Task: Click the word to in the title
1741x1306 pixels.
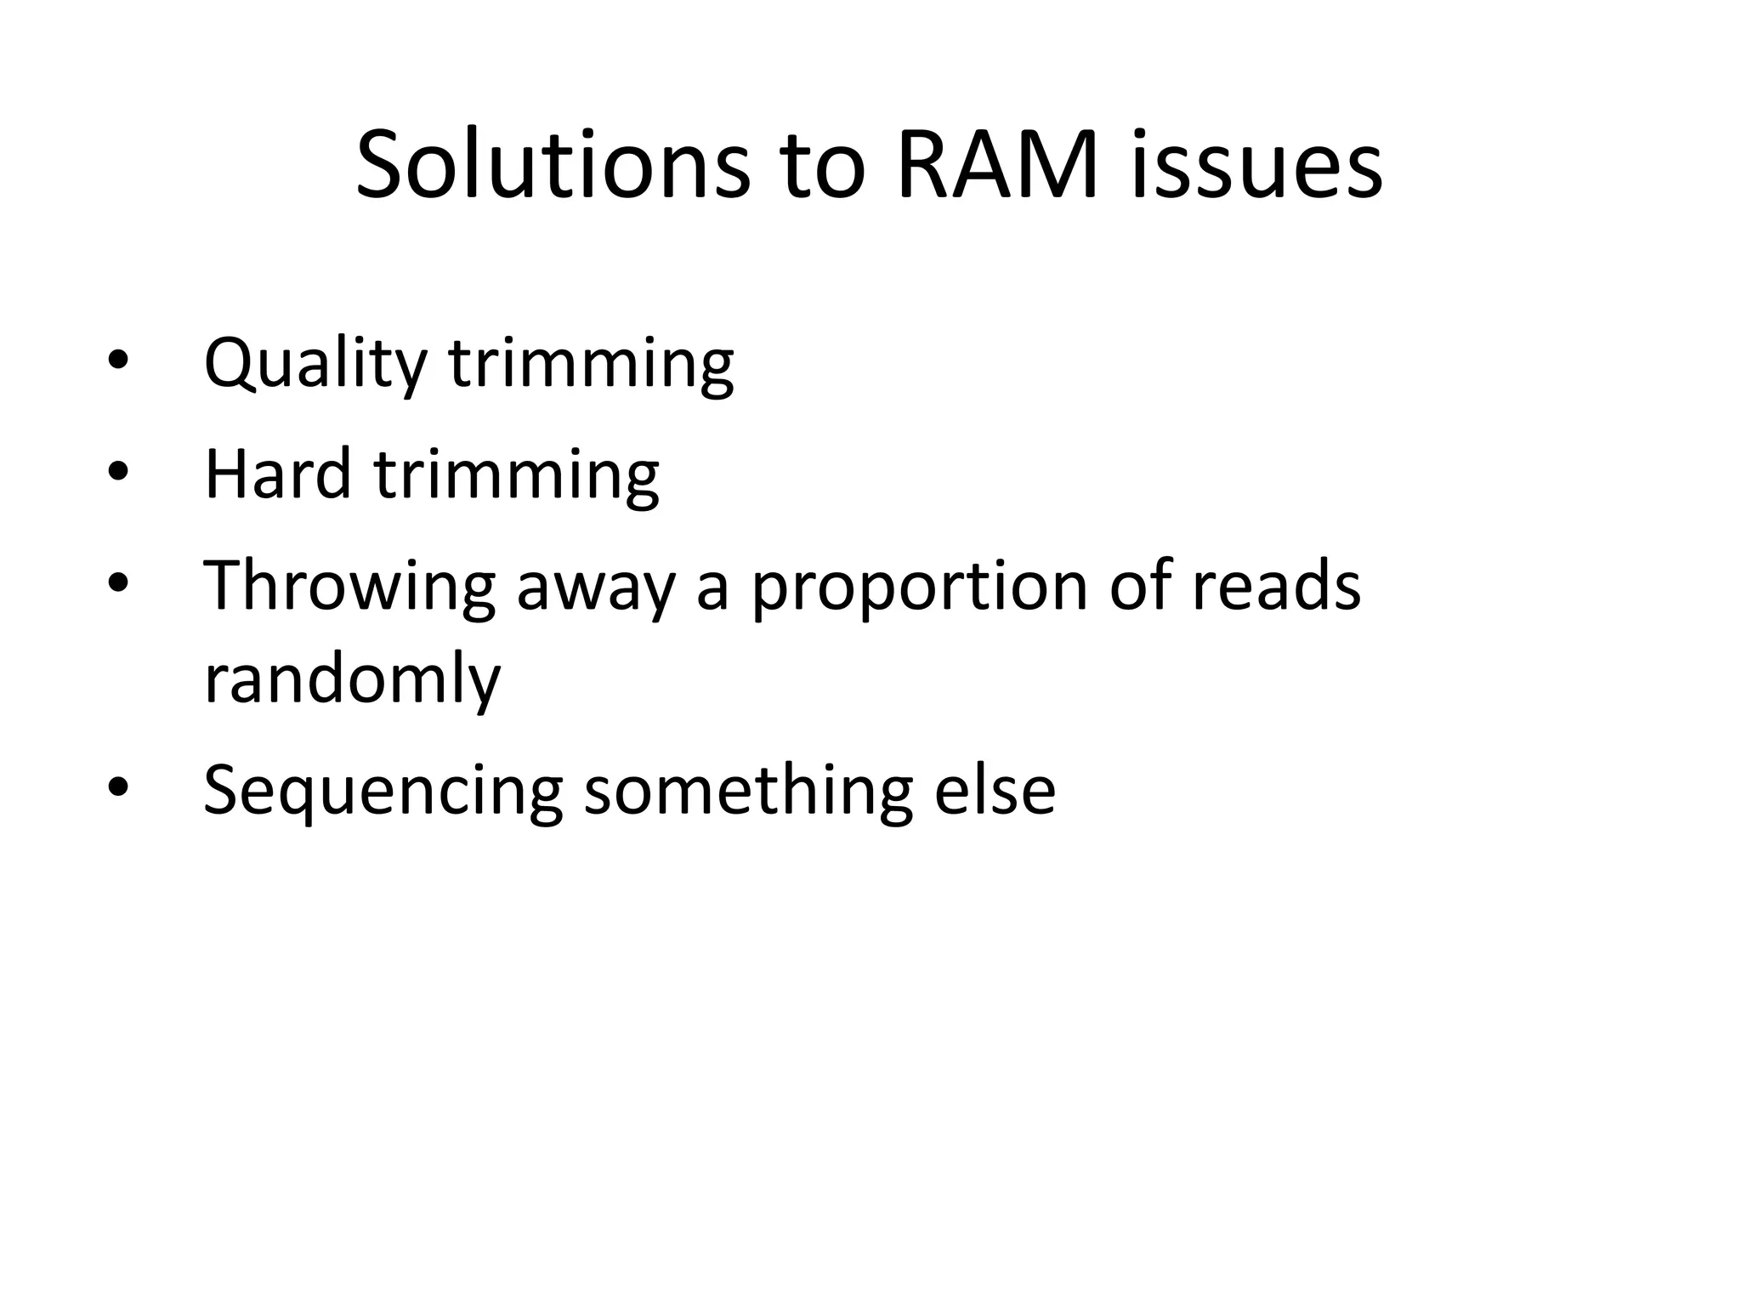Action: coord(823,165)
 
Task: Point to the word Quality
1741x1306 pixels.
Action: coord(315,364)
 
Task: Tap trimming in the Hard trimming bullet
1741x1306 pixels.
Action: coord(516,474)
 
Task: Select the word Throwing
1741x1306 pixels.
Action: coord(349,587)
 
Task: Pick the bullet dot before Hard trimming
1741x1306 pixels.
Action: coord(117,471)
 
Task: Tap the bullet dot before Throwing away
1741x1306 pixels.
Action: coord(117,582)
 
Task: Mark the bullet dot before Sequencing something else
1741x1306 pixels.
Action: coord(117,787)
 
